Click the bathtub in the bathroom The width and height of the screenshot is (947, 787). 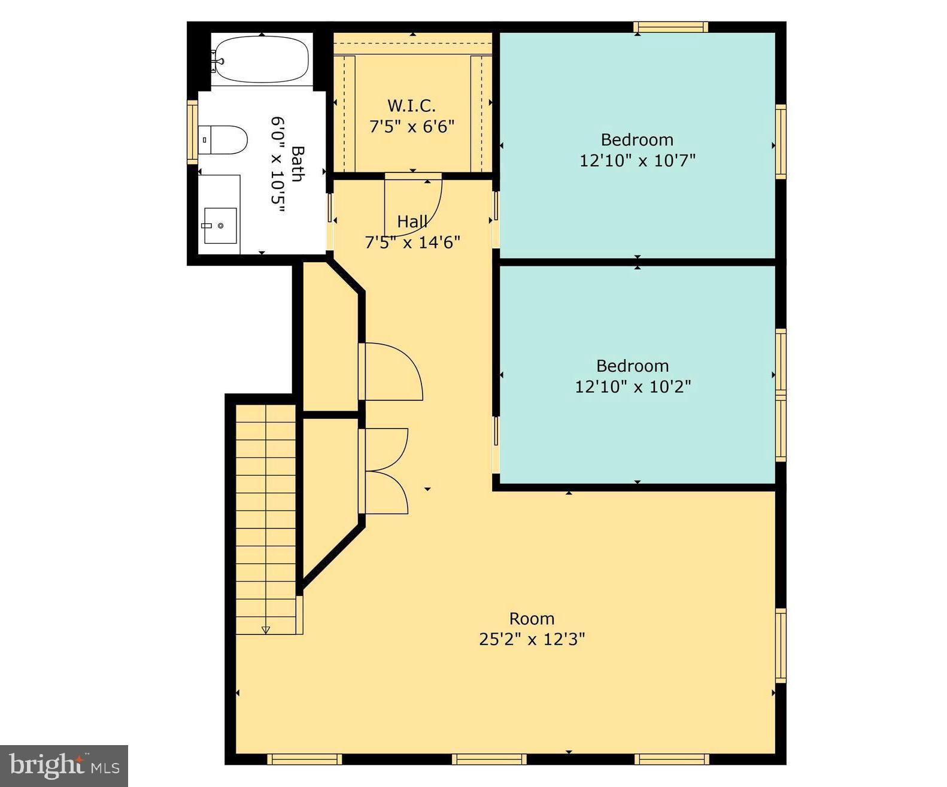[x=262, y=60]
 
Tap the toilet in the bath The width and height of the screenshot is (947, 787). [x=223, y=140]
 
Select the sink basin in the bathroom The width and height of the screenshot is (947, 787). [x=220, y=226]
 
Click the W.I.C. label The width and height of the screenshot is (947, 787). [x=411, y=106]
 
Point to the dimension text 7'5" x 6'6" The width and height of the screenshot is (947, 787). [x=411, y=127]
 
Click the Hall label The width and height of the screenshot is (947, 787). [x=412, y=221]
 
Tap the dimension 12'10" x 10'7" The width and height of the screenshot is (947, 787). [x=637, y=160]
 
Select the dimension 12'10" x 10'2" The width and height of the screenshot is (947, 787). [x=633, y=387]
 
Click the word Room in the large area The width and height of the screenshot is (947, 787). [x=532, y=618]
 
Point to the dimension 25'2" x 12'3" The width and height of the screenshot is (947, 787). [x=532, y=639]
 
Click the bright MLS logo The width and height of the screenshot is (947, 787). [x=64, y=766]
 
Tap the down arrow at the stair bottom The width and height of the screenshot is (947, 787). [x=266, y=630]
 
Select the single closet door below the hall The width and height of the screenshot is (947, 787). [x=392, y=371]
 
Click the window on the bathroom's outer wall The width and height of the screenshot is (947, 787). [x=192, y=132]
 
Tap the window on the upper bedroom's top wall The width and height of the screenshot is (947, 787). [x=671, y=27]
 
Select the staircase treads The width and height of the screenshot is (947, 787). [x=266, y=515]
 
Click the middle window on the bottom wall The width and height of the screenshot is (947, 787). [x=489, y=759]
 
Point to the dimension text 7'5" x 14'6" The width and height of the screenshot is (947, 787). [x=412, y=242]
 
